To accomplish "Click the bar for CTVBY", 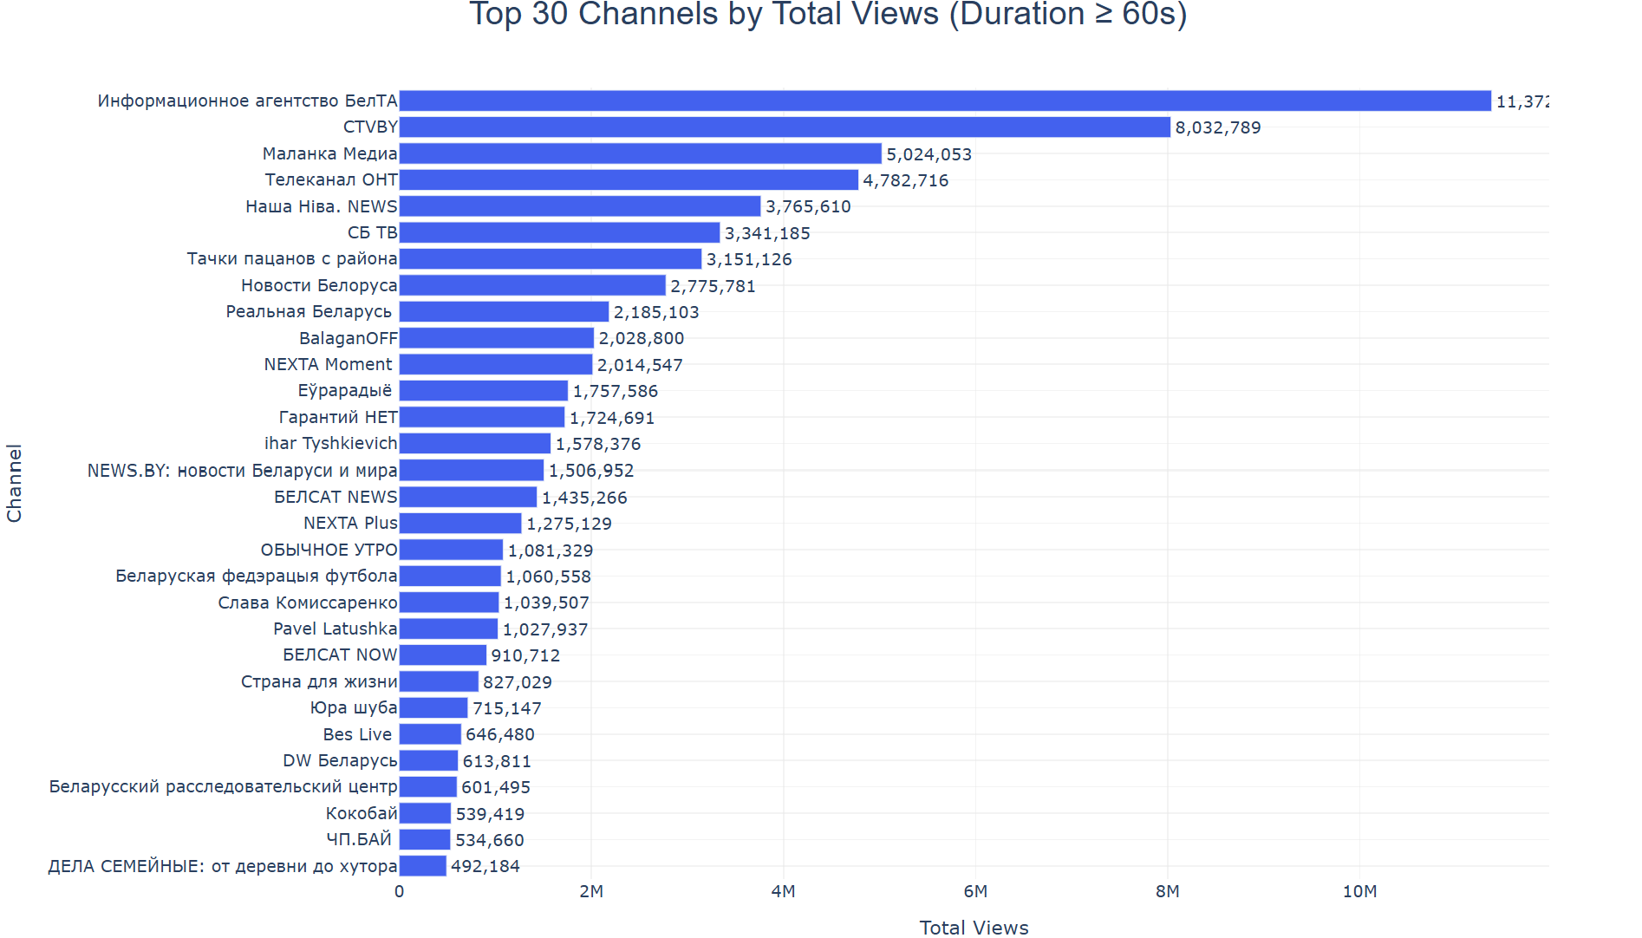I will (785, 127).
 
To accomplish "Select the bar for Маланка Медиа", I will (640, 153).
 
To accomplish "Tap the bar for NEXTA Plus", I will (460, 524).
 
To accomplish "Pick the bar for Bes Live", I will (430, 734).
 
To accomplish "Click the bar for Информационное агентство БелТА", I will (945, 101).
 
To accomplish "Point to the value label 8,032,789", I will (1217, 127).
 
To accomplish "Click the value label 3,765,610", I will (808, 206).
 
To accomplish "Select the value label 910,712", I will (525, 655).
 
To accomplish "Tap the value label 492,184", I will (485, 866).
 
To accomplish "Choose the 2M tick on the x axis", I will (591, 891).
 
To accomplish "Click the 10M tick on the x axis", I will (1359, 891).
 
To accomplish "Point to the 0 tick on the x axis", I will (399, 891).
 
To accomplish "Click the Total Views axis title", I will (974, 928).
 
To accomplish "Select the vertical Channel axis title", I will (14, 483).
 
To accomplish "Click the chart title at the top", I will (828, 14).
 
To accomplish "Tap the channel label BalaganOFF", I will (348, 338).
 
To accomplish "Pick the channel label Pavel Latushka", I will (335, 629).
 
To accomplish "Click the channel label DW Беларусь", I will (340, 760).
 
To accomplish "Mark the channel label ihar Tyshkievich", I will (330, 443).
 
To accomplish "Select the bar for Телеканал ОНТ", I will (629, 179).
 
